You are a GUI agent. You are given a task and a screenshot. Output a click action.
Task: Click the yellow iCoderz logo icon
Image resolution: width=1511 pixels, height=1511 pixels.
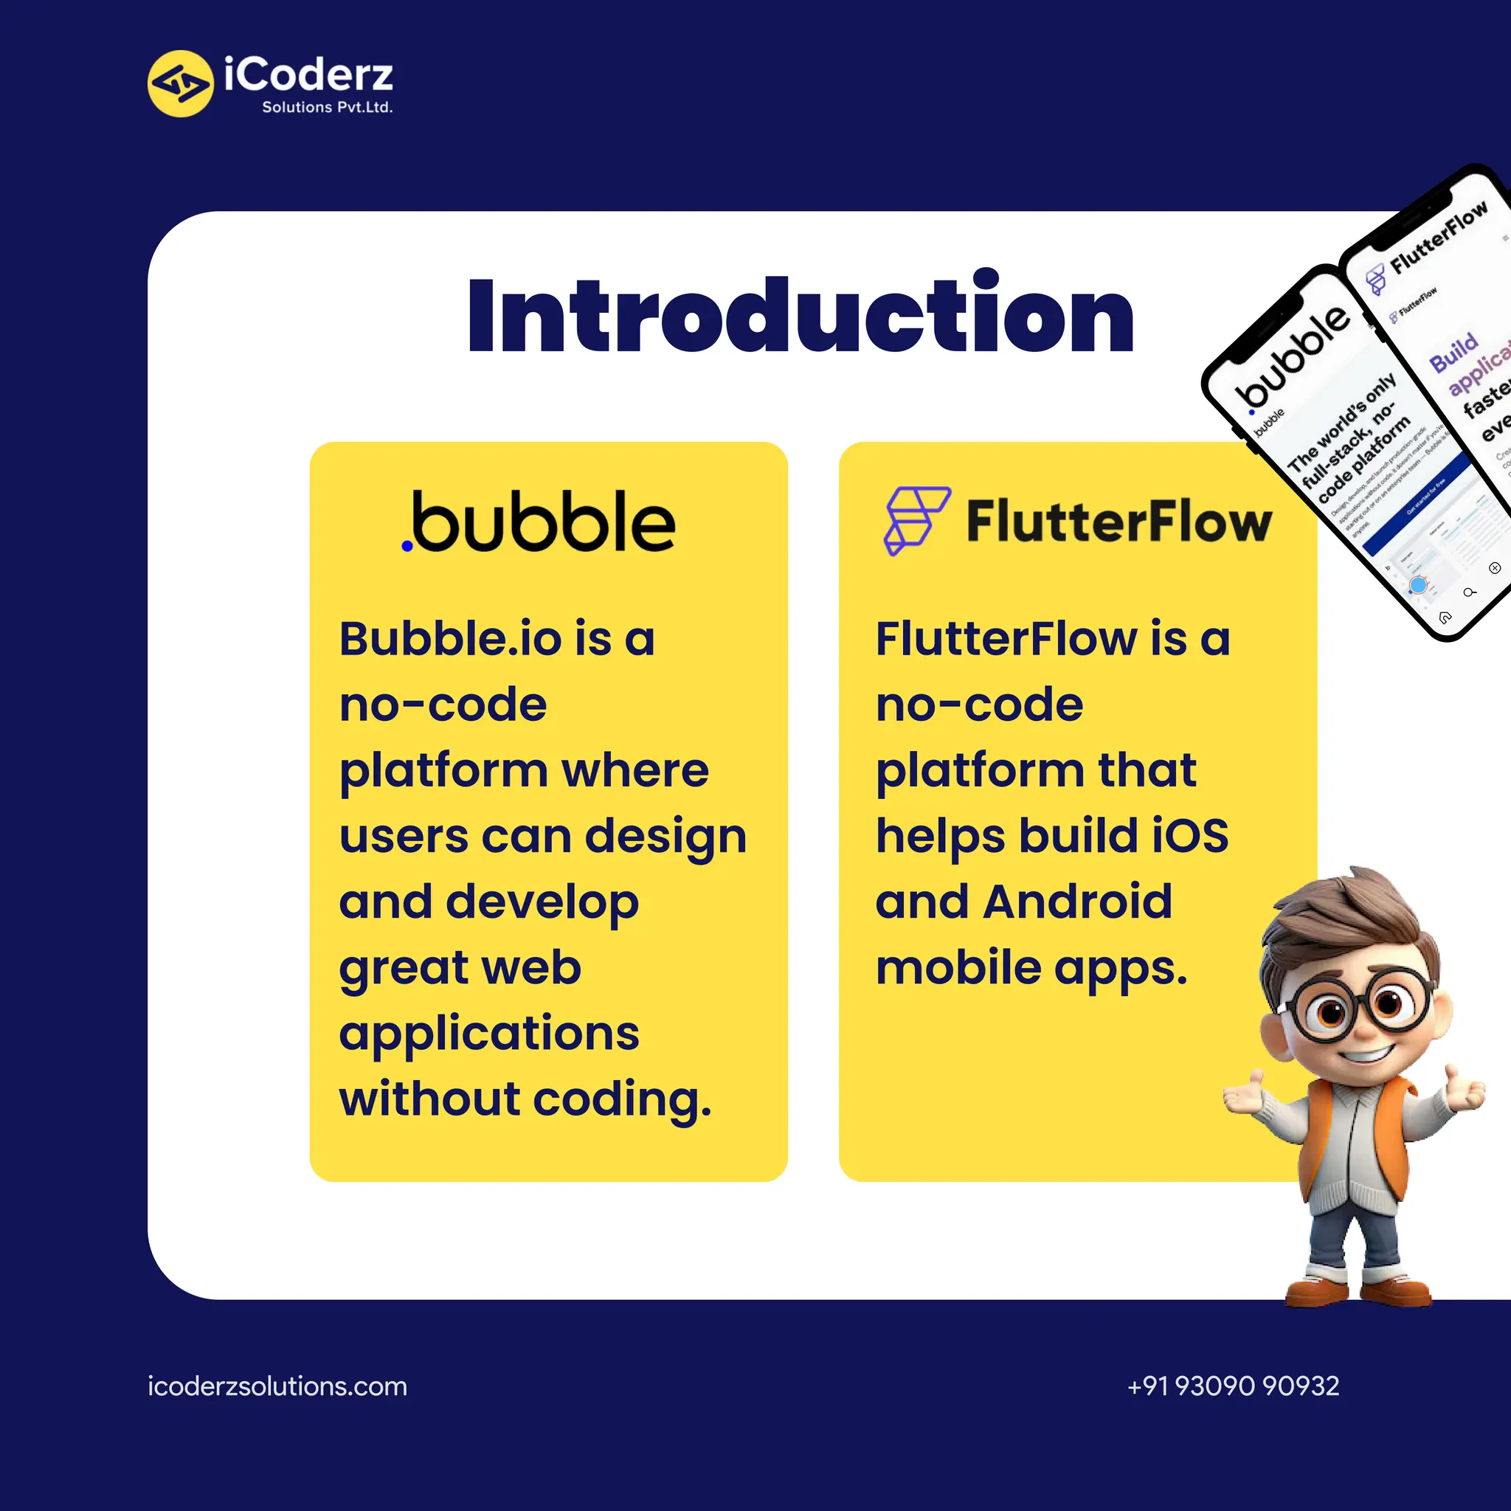point(180,83)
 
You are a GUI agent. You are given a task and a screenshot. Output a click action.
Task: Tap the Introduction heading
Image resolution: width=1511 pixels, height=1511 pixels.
point(800,315)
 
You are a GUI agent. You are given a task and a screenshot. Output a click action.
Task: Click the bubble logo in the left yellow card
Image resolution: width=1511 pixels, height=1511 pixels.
point(539,522)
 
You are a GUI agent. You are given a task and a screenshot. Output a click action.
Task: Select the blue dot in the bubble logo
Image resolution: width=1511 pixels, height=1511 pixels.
point(407,546)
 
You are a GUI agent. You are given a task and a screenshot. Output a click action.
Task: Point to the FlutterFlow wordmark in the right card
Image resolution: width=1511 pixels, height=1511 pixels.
point(1119,522)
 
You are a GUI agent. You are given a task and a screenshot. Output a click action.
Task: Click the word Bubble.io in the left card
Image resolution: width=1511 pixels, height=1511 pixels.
point(451,639)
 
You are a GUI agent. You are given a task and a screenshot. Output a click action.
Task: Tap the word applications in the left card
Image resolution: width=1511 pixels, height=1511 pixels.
point(489,1034)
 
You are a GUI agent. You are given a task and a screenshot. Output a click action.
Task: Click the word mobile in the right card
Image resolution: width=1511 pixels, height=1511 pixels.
point(958,968)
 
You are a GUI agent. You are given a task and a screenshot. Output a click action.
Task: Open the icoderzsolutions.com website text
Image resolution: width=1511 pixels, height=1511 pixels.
point(277,1386)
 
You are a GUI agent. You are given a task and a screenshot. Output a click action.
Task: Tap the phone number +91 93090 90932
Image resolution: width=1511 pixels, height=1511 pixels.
point(1233,1386)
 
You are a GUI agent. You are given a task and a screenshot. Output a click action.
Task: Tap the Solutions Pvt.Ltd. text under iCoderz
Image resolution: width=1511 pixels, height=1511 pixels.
point(327,107)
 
